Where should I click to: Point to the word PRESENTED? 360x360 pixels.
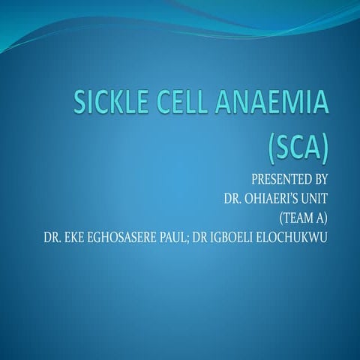[277, 180]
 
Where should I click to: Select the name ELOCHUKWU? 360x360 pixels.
[300, 239]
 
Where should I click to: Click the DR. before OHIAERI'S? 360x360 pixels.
[234, 199]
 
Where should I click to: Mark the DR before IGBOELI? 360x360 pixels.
[211, 239]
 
